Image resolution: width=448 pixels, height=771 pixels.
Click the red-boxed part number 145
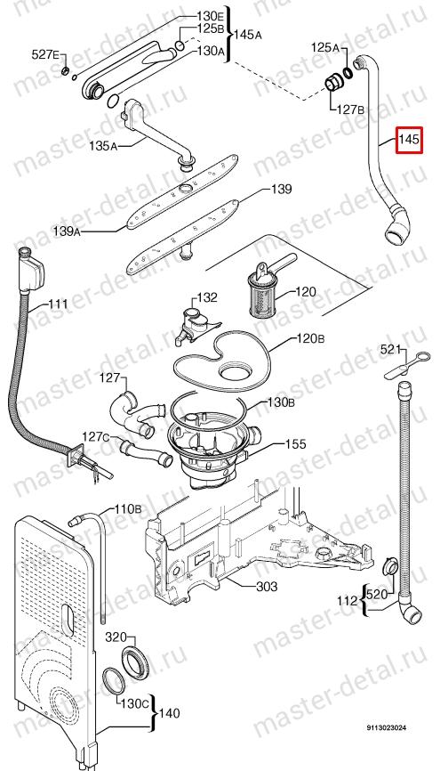(x=409, y=140)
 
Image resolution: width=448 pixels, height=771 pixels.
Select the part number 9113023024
(x=385, y=727)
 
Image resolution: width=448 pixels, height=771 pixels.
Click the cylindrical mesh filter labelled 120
(x=262, y=289)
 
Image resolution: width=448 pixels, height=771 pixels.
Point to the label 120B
(x=310, y=339)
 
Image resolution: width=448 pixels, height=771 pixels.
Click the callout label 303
(x=267, y=586)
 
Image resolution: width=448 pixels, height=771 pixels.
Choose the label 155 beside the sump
(x=296, y=444)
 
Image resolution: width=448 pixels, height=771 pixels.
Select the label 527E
(x=45, y=54)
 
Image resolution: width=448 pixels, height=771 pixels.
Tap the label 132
(x=207, y=297)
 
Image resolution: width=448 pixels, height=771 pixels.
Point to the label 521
(x=390, y=350)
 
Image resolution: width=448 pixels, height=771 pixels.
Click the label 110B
(x=128, y=509)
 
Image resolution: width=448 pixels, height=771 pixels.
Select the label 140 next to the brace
(x=170, y=712)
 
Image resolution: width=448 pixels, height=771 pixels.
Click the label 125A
(x=324, y=48)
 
